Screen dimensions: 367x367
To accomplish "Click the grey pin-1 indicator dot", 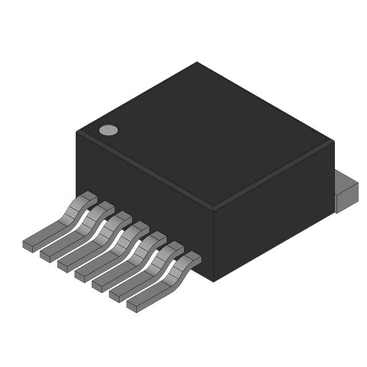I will pos(108,130).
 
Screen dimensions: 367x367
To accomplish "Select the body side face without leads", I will pos(272,212).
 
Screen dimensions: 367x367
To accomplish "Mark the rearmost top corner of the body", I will pos(197,63).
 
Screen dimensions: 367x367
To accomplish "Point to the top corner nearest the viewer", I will pos(213,206).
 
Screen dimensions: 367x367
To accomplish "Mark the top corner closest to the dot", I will pos(77,132).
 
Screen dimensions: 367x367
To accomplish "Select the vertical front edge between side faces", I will pos(213,244).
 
